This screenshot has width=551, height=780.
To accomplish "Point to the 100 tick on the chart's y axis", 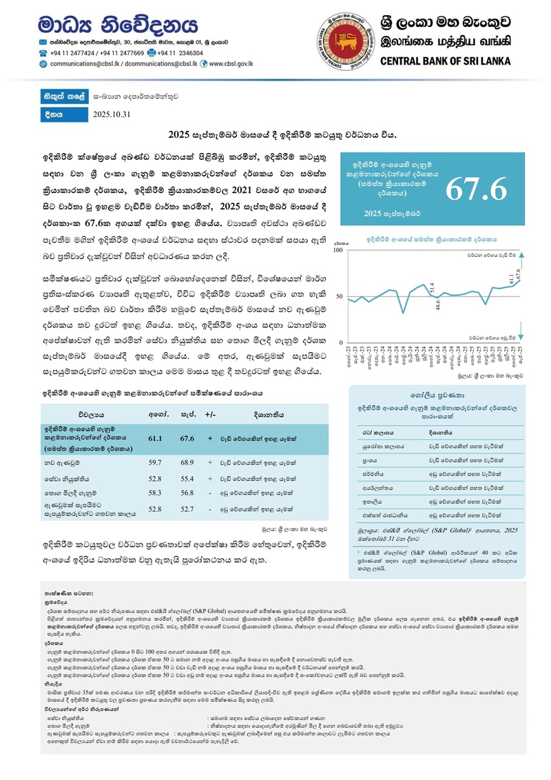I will click(x=338, y=250).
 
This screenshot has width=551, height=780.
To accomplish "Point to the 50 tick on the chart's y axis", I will click(x=338, y=296).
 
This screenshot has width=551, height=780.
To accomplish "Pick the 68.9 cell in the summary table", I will click(x=187, y=461).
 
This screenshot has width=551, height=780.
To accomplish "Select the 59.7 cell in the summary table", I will click(x=155, y=461).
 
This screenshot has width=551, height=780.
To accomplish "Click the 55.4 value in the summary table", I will click(x=187, y=477).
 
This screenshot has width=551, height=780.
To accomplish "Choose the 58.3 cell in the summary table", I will click(x=155, y=493).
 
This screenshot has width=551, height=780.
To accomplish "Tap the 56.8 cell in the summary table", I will click(x=187, y=493).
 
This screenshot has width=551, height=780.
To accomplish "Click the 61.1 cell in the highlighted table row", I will click(x=155, y=439).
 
